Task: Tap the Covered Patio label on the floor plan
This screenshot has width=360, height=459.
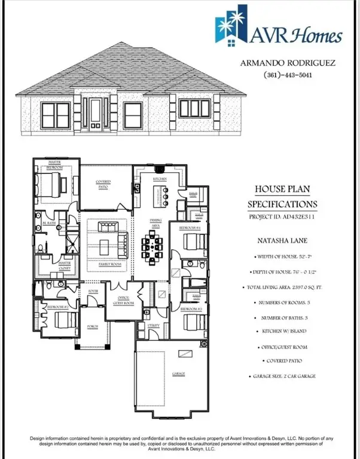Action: pyautogui.click(x=106, y=185)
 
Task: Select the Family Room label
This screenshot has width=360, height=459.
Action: pyautogui.click(x=109, y=264)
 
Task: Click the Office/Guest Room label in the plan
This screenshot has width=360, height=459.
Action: pyautogui.click(x=124, y=301)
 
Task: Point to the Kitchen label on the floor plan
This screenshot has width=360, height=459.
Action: pyautogui.click(x=159, y=179)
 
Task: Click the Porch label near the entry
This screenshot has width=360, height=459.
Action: pyautogui.click(x=93, y=326)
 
